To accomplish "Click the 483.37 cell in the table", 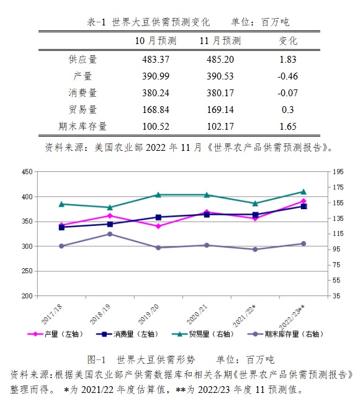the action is point(156,60).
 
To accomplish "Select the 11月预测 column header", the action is point(220,41).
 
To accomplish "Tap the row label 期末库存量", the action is point(83,127).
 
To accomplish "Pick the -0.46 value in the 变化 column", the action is point(287,76).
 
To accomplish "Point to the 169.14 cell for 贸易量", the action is point(220,110).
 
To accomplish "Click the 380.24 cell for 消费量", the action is point(156,93).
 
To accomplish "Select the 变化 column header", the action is point(288,41).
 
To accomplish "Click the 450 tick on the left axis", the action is point(27,172).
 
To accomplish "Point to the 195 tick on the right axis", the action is point(338,172).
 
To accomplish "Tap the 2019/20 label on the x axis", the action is point(148,314).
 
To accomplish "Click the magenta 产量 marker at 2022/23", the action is point(304,201).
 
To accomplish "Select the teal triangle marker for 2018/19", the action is point(110,207).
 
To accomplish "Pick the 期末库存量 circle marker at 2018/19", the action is point(110,234).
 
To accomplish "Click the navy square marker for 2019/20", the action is point(158,217).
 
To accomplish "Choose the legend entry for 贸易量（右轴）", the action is point(203,334).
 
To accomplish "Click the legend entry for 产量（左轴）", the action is point(55,334).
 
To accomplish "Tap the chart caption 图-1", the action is point(96,360).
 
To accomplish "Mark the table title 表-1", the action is point(96,22).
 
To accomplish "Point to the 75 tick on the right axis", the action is point(336,264).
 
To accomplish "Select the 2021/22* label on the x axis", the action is point(244,315).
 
